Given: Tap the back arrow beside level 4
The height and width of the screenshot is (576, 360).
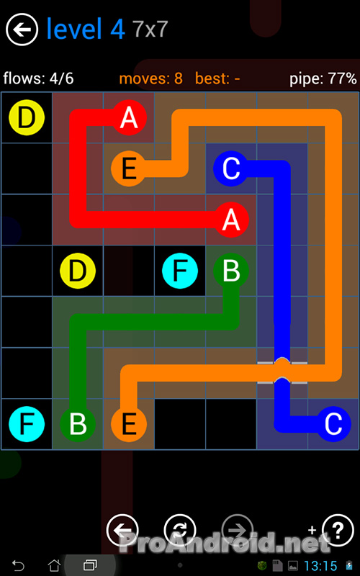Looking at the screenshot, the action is point(22,30).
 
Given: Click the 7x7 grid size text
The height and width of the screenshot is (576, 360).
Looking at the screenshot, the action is point(150,29).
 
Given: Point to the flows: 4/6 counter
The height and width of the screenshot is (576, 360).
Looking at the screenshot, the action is point(38,78).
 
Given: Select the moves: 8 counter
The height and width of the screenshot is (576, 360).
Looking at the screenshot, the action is point(151,78).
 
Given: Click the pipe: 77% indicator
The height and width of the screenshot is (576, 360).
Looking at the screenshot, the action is point(323,78).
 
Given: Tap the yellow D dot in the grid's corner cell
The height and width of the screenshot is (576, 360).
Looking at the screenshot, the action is point(27,117).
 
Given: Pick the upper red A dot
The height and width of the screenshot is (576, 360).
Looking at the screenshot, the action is point(129,117).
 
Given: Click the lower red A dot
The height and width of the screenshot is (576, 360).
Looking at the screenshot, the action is point(231,220).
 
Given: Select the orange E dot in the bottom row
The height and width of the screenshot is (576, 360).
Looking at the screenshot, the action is point(129,424).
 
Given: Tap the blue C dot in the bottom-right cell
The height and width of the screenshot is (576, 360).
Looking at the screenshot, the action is point(333,424).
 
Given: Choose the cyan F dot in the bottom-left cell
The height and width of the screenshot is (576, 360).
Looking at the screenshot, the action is point(27,424).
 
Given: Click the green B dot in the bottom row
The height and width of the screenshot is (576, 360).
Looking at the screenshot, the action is point(78,424).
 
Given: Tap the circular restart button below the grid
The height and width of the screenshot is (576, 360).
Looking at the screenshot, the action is point(180,530).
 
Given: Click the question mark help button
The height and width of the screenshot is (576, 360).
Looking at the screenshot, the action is point(338,529).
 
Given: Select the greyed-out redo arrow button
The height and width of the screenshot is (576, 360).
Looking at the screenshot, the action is point(238,530).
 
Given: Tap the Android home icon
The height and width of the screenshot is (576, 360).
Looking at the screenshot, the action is point(54,565).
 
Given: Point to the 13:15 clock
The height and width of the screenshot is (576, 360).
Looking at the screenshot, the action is point(320,566).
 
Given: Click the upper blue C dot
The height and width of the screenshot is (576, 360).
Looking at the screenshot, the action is point(231,168).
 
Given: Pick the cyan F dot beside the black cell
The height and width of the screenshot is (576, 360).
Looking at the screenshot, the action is point(180,271).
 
